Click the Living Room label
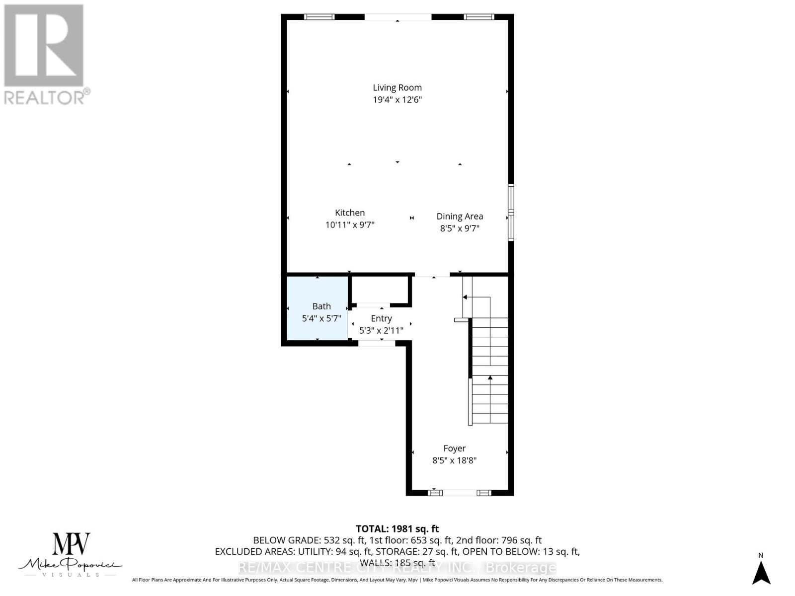click(x=397, y=87)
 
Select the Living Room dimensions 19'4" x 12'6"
click(x=397, y=100)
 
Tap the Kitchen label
click(x=349, y=213)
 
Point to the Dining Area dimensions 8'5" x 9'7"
click(x=460, y=228)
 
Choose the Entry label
click(x=381, y=318)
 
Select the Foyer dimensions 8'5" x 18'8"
click(x=454, y=460)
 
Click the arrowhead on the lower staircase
click(x=490, y=378)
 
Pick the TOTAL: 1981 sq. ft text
click(x=397, y=529)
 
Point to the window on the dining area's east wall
click(x=511, y=213)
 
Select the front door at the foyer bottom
click(x=460, y=493)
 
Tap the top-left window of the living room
click(x=319, y=17)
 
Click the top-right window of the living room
click(x=479, y=17)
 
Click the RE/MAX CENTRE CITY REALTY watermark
click(x=397, y=567)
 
